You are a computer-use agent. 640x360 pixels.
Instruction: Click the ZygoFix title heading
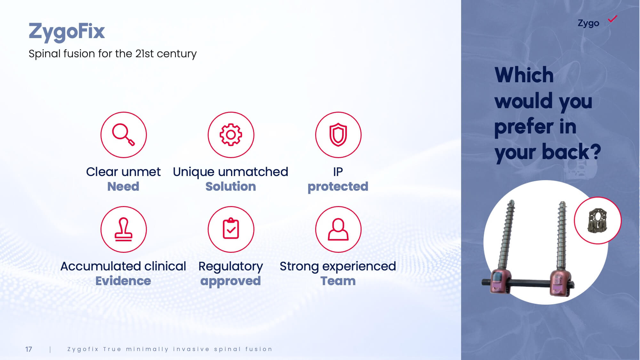[67, 32]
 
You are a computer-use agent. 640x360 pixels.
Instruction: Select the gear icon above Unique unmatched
[231, 135]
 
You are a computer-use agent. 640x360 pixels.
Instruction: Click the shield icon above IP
[338, 135]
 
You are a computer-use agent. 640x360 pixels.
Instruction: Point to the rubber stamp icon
[124, 229]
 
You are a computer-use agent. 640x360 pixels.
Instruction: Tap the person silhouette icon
[338, 229]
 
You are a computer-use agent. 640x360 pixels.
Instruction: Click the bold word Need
[123, 186]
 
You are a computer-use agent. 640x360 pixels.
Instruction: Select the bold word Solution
[231, 186]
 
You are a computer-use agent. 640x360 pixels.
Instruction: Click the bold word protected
[338, 187]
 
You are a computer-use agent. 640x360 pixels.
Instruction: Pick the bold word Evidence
[123, 281]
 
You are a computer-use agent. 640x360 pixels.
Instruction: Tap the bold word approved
[230, 281]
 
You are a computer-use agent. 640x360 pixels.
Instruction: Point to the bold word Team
[338, 281]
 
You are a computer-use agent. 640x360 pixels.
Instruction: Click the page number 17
[28, 349]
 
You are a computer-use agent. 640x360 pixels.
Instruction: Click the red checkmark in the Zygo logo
[612, 19]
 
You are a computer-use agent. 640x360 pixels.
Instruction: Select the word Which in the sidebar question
[524, 75]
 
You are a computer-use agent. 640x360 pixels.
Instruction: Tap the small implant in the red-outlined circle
[597, 220]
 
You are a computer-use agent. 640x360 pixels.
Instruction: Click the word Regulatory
[230, 267]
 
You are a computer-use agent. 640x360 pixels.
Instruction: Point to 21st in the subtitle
[145, 53]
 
